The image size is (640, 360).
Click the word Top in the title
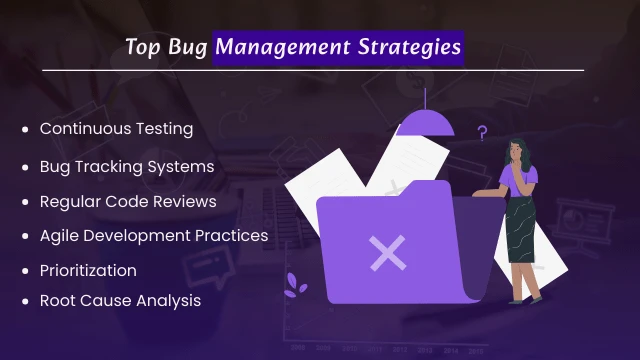[x=142, y=47]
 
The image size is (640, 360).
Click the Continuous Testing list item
[x=115, y=129]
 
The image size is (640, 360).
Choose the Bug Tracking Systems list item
[x=126, y=165]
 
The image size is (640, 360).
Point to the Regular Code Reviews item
[x=128, y=201]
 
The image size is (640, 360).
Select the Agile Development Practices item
[x=153, y=236]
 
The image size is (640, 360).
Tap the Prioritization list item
[x=88, y=271]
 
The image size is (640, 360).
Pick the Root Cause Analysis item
[x=120, y=300]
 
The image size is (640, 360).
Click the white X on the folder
[x=386, y=253]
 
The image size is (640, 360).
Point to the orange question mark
[x=482, y=133]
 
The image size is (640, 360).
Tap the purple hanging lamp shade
[x=425, y=123]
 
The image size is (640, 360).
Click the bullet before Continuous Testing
[x=25, y=130]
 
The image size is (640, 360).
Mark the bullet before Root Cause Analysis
[x=25, y=301]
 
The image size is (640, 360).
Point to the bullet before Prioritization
[x=25, y=272]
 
